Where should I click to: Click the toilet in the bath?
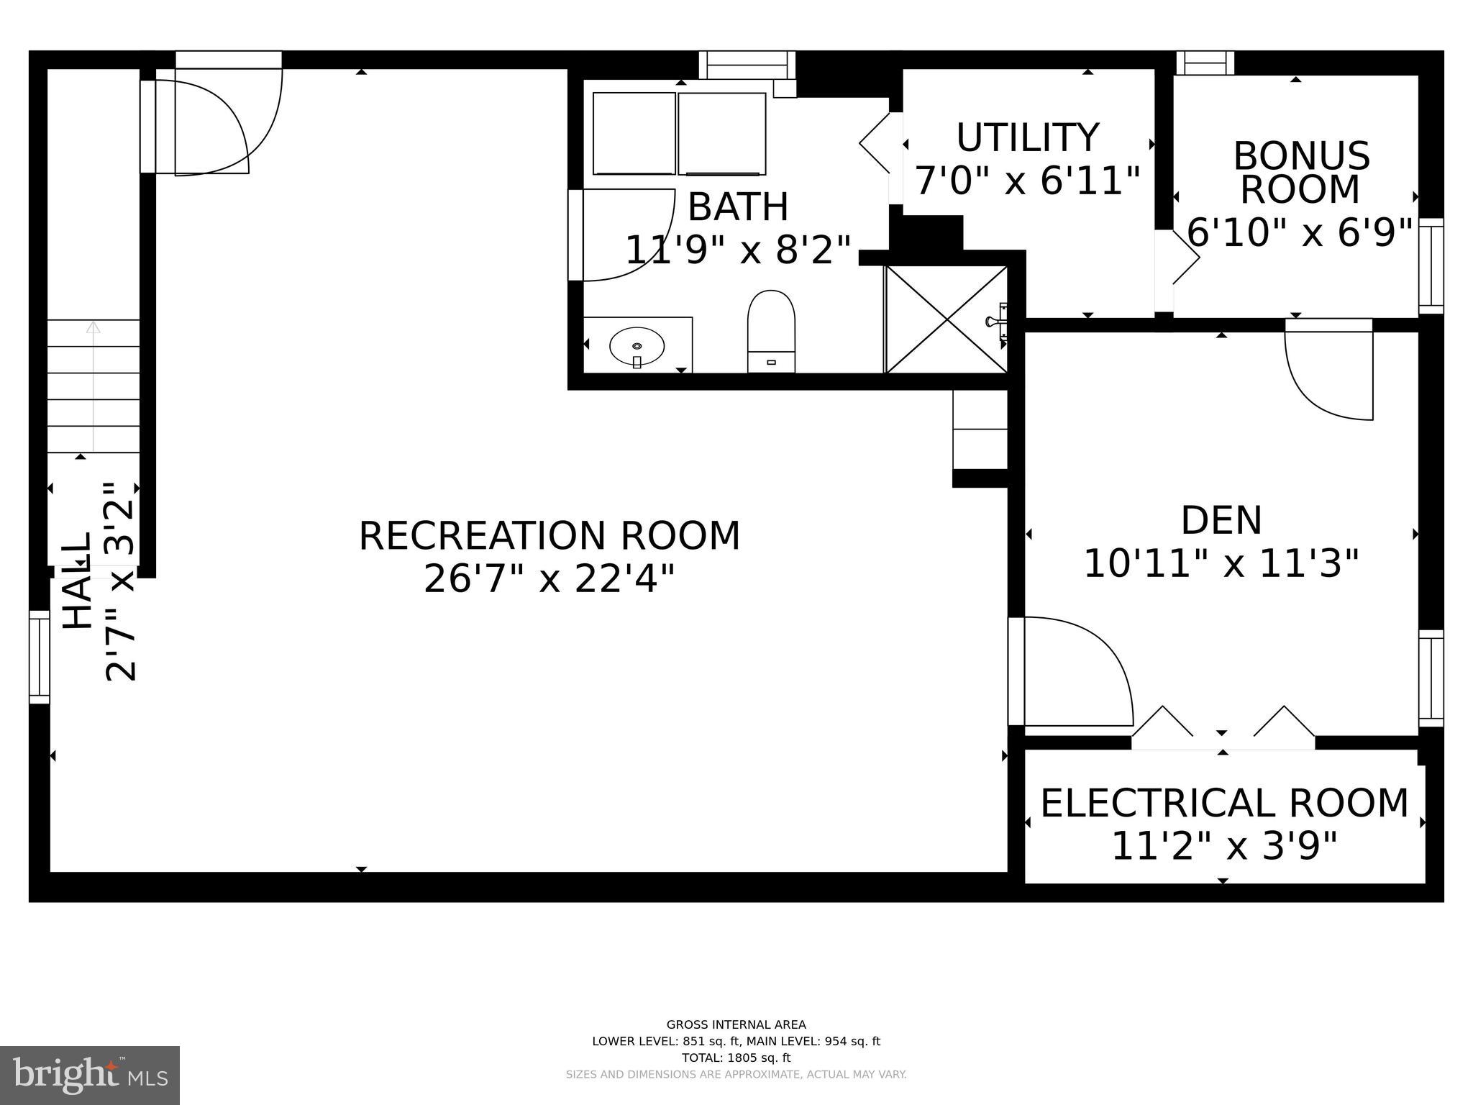pos(771,331)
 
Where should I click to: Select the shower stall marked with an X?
pos(946,319)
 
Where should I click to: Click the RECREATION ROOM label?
pos(549,536)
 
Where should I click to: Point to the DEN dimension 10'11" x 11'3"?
pos(1221,563)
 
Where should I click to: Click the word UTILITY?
pos(1027,138)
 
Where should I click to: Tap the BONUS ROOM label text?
pos(1300,173)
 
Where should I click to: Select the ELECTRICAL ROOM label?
pos(1224,804)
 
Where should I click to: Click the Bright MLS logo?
pos(90,1075)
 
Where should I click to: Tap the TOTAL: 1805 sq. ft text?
pos(736,1058)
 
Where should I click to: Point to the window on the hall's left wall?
pos(40,657)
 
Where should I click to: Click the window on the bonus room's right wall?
pos(1431,265)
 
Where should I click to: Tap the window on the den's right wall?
pos(1431,678)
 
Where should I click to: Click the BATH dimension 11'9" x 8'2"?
pos(737,250)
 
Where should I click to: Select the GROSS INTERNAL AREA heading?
pos(736,1024)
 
